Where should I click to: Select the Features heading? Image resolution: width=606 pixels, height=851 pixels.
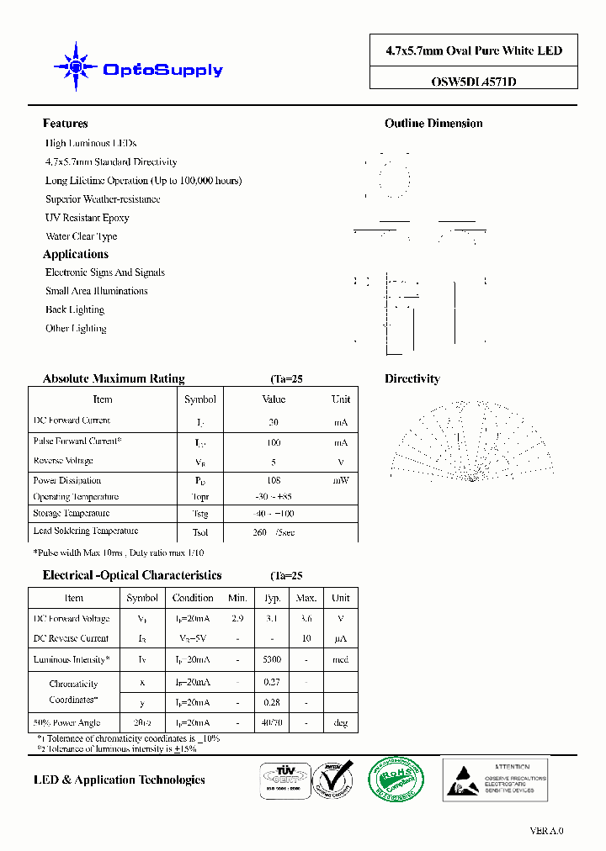[x=65, y=124]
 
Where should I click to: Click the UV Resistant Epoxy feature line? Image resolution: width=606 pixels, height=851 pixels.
[x=88, y=218]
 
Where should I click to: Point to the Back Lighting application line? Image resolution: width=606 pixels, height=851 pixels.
[x=75, y=309]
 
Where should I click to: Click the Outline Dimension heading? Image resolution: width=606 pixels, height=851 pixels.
[x=433, y=124]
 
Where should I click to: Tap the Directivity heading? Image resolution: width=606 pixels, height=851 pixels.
[x=412, y=379]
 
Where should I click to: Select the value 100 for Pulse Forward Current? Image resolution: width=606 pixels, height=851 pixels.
[x=274, y=442]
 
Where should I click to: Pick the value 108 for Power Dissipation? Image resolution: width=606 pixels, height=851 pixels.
[x=274, y=481]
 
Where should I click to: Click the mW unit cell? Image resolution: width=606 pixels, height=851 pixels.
[x=340, y=481]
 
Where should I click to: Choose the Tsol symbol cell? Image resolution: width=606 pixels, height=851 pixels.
[x=199, y=532]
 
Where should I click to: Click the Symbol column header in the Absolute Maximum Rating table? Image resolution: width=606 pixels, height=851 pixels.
[x=199, y=399]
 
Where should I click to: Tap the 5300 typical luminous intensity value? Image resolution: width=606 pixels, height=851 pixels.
[x=272, y=660]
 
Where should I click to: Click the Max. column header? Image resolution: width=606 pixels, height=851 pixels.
[x=306, y=598]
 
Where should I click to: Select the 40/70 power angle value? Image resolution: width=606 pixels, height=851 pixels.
[x=272, y=722]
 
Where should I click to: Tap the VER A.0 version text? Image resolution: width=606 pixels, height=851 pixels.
[x=546, y=831]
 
